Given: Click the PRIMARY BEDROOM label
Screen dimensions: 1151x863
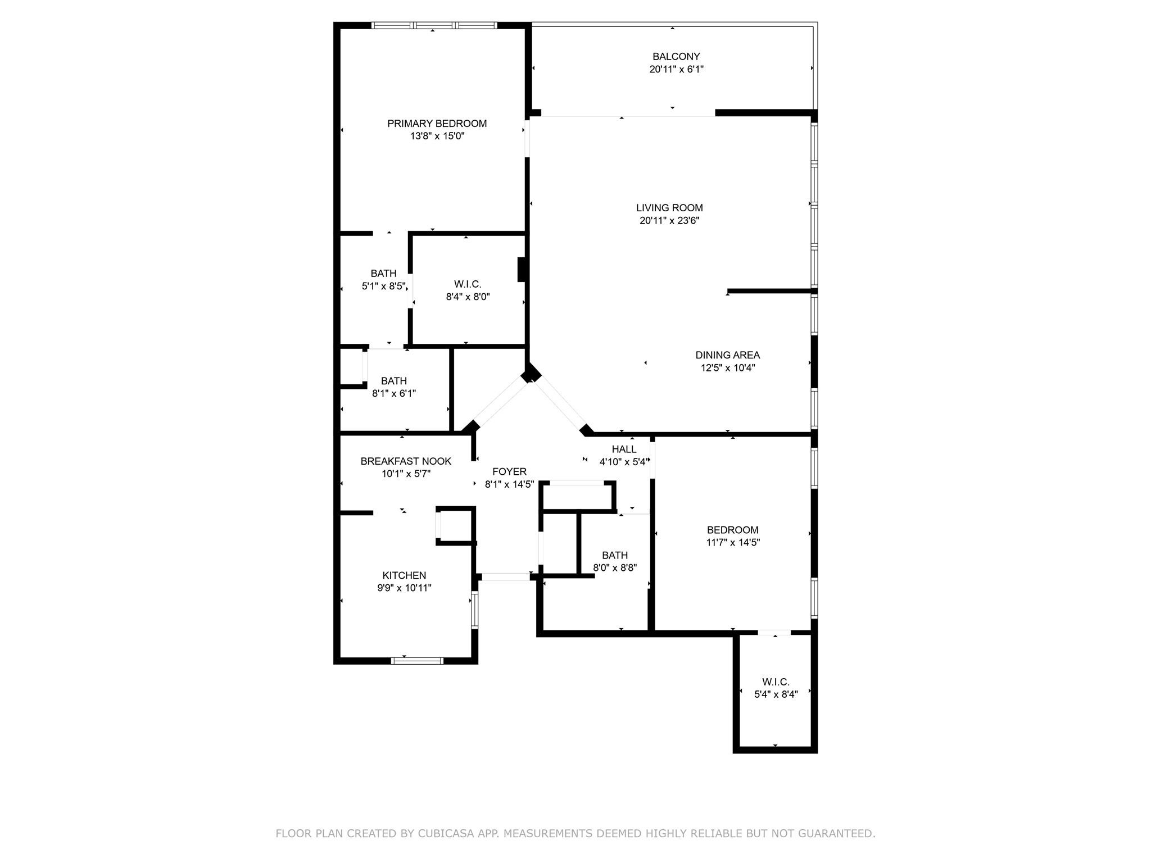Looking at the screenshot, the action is [437, 124].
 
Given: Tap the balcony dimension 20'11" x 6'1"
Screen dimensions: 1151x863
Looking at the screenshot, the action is [676, 69].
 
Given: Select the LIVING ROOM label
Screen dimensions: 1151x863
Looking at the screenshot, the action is [669, 208].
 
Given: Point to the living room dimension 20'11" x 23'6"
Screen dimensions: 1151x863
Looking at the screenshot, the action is [669, 221].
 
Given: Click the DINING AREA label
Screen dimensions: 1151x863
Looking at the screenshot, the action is [727, 355].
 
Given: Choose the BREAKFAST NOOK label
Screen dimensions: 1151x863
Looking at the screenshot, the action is [406, 461].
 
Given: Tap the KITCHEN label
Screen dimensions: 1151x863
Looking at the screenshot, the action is [404, 575].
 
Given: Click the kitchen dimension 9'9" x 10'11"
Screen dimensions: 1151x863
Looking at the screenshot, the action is [404, 588].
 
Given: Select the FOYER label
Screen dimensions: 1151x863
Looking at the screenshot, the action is [509, 472].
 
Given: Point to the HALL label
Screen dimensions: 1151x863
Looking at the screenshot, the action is [624, 449].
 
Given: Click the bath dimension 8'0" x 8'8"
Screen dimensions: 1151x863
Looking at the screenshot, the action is [615, 568].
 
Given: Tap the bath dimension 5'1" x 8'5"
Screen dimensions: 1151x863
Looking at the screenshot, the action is [383, 286].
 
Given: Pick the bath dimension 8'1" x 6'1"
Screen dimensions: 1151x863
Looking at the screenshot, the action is [394, 394].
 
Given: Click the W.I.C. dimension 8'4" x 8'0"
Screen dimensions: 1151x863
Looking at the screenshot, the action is [468, 297].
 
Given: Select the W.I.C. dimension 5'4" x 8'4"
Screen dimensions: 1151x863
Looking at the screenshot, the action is [776, 694].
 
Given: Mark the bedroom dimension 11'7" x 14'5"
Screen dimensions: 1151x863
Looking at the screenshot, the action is [733, 543].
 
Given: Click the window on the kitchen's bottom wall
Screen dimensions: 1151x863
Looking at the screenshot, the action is [416, 661].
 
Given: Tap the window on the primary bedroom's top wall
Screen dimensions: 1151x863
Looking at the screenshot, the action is [434, 25].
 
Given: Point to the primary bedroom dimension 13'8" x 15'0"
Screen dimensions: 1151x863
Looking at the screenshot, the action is [437, 136].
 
